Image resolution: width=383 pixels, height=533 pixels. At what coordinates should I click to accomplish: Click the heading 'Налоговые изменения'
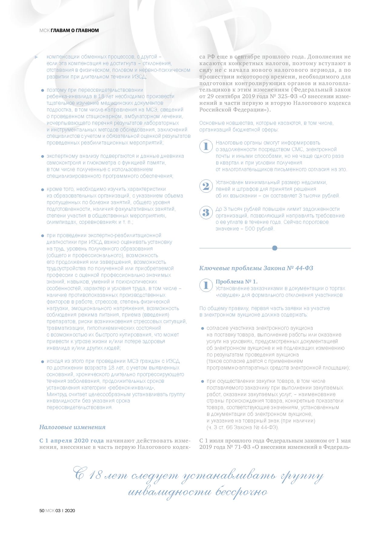point(72,427)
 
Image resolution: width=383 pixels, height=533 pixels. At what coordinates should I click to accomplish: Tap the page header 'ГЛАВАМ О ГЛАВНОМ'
point(75,31)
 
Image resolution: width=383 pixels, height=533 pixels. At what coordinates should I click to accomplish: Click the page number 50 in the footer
point(42,511)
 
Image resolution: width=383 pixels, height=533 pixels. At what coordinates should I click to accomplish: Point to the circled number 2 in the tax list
point(206,186)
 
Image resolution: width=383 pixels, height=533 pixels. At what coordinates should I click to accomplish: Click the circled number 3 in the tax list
point(206,212)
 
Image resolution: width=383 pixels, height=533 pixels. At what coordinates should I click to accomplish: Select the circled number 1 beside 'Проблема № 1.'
point(206,285)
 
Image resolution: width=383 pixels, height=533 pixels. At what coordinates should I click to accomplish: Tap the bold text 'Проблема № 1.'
point(236,282)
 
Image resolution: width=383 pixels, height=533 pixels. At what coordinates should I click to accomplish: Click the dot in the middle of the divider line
point(275,248)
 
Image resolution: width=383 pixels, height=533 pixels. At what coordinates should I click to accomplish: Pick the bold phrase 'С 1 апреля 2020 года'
point(72,440)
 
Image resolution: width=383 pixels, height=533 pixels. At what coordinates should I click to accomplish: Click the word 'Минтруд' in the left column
point(56,394)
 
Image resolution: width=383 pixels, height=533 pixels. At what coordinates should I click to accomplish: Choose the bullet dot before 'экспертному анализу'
point(43,157)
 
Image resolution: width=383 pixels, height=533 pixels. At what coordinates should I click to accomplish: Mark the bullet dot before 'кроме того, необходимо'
point(43,190)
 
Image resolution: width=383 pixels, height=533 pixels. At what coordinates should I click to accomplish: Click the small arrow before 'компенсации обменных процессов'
point(37,57)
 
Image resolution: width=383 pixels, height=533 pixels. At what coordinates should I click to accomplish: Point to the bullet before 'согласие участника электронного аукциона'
point(202,328)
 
